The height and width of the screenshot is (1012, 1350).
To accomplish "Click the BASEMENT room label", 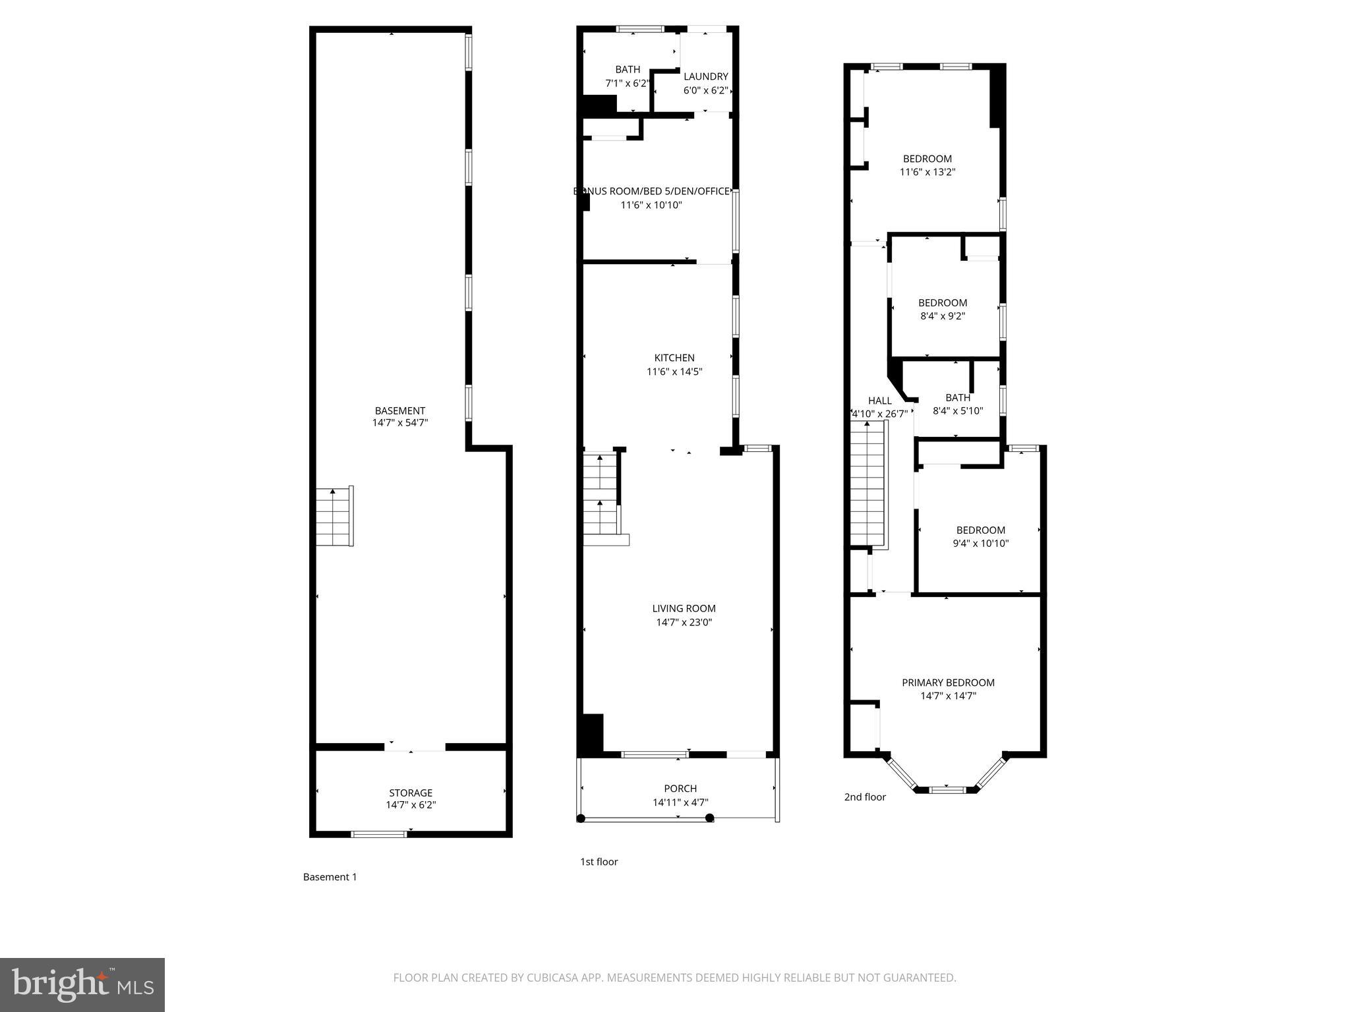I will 399,410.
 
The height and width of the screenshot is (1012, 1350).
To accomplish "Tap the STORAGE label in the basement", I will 411,793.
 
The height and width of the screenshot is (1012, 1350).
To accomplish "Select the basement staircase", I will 334,517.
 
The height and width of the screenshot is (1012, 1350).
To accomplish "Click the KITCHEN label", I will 674,358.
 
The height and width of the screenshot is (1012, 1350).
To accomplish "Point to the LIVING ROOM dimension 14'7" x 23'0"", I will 684,622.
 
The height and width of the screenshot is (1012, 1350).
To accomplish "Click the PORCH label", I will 680,789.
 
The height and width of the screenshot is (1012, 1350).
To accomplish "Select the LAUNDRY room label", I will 705,76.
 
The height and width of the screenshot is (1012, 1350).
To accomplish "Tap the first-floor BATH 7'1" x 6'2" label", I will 628,76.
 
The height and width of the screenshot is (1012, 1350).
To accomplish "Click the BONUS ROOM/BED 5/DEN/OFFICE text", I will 651,191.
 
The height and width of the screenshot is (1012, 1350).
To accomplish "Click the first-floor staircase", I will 601,494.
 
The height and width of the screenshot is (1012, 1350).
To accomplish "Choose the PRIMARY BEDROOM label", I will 948,683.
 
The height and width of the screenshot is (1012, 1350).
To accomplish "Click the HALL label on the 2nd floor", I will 879,401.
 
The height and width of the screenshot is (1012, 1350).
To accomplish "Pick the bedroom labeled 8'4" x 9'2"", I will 943,309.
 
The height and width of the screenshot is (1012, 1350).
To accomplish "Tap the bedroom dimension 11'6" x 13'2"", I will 927,172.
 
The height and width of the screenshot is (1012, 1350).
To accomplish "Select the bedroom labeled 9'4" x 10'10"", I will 981,536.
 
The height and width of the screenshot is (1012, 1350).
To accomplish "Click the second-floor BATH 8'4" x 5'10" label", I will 958,404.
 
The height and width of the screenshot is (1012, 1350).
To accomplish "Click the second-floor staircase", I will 867,484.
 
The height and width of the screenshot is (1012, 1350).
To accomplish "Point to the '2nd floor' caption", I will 865,797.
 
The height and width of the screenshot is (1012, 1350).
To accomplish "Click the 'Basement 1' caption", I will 330,877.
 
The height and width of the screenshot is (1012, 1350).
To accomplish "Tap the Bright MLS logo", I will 82,984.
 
